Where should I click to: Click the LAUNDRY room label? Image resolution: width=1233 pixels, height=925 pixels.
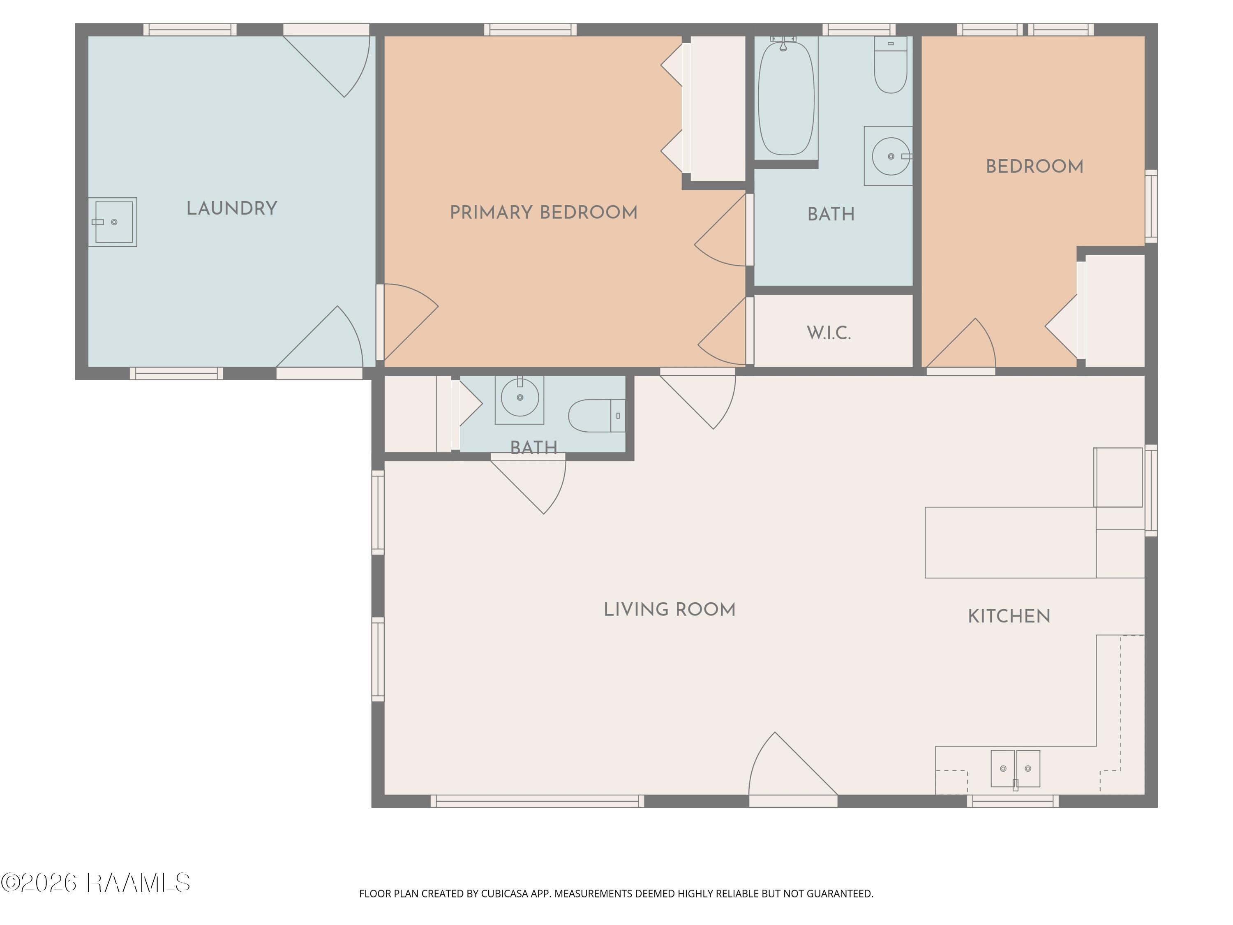[x=232, y=208]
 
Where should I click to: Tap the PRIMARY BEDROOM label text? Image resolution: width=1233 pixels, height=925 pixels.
[x=543, y=213]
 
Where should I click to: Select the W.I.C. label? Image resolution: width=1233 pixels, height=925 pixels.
[x=829, y=333]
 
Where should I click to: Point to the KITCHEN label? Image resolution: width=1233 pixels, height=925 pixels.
[x=1009, y=616]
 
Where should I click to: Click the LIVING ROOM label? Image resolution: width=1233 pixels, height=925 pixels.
[x=670, y=609]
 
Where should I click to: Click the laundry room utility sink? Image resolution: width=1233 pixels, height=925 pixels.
[x=113, y=222]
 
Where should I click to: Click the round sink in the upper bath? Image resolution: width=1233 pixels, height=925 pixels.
[x=891, y=156]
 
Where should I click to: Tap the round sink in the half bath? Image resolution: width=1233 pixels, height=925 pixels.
[x=520, y=397]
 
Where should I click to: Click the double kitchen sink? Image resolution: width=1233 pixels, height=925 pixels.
[x=1015, y=768]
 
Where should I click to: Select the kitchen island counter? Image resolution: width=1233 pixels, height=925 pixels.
[x=1011, y=543]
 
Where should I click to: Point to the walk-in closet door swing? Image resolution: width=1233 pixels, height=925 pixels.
[x=722, y=331]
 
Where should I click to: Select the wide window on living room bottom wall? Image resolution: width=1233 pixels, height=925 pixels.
[x=537, y=801]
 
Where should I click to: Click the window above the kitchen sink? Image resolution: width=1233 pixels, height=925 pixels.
[x=1013, y=801]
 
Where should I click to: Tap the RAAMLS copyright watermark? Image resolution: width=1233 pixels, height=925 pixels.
[x=95, y=883]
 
